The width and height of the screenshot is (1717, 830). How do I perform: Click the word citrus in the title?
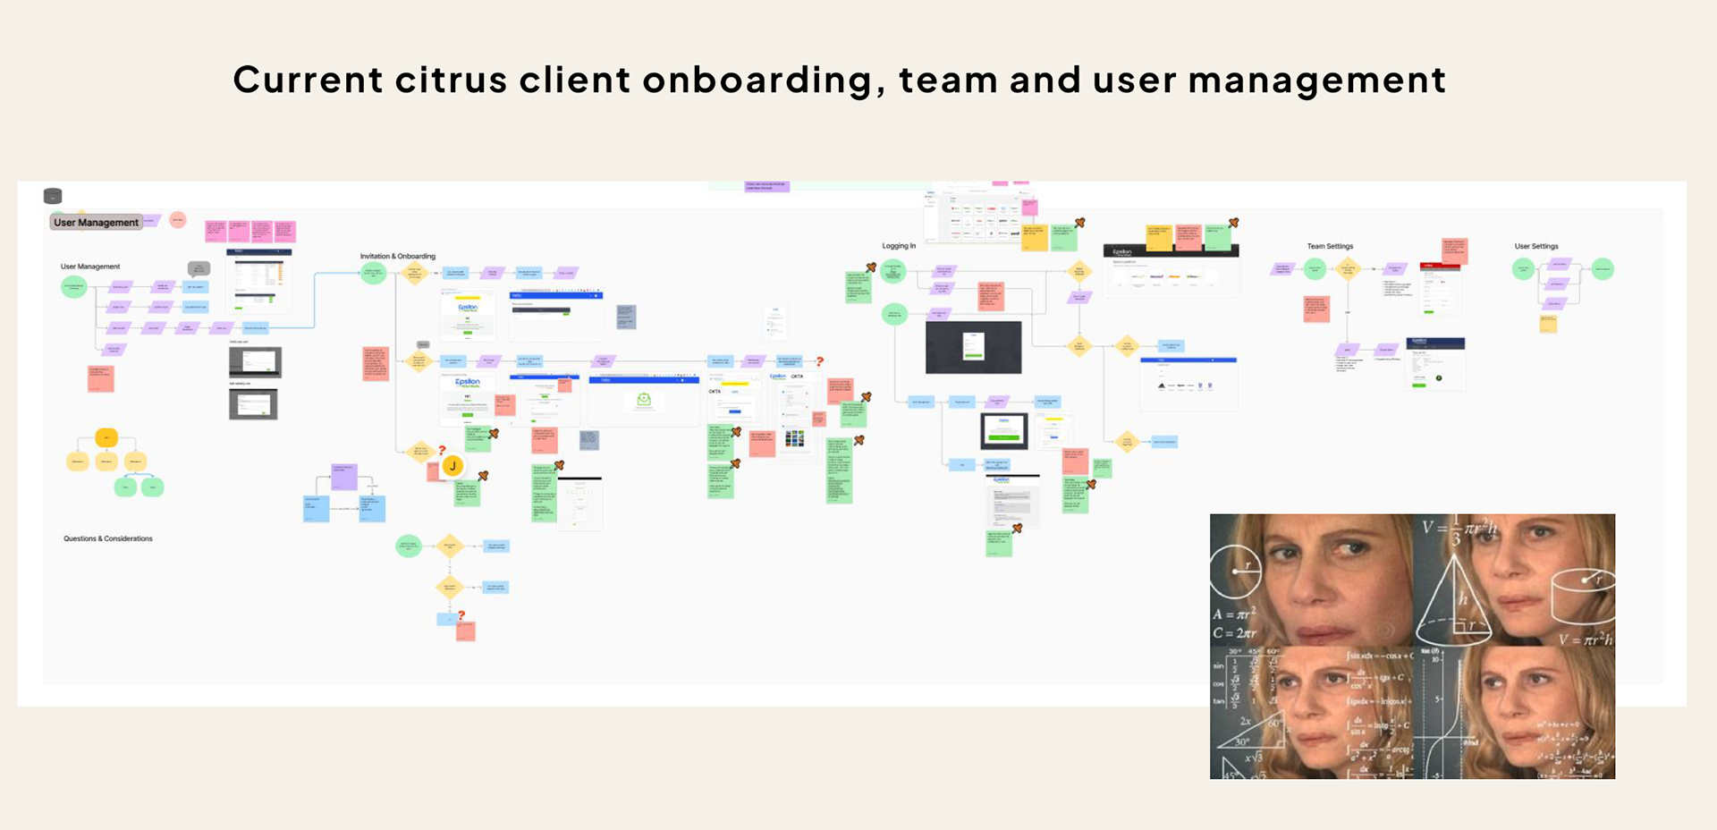point(450,80)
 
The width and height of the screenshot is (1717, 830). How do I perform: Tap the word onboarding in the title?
point(757,81)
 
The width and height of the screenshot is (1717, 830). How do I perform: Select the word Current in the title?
point(308,80)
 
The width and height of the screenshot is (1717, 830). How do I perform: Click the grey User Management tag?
point(96,223)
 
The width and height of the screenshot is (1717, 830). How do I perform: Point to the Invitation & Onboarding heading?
point(398,257)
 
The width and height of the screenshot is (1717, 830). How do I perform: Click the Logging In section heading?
point(899,246)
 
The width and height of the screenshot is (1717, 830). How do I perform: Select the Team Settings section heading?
point(1330,246)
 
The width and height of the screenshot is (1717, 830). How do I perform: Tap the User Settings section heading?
point(1536,246)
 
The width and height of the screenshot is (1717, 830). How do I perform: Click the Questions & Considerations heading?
point(108,538)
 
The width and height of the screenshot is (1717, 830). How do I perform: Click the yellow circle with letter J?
point(453,466)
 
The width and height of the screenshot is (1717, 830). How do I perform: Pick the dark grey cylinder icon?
point(53,196)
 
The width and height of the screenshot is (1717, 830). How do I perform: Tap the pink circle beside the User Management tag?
point(178,220)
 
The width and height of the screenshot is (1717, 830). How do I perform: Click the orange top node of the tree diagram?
point(106,438)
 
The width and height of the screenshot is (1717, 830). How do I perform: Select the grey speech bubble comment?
point(199,268)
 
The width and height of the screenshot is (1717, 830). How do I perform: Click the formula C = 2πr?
point(1235,633)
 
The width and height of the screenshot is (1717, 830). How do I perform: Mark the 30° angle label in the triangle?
point(1241,741)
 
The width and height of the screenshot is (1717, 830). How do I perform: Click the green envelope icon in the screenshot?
point(643,400)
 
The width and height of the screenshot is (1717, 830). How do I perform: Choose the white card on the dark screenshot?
point(973,345)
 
